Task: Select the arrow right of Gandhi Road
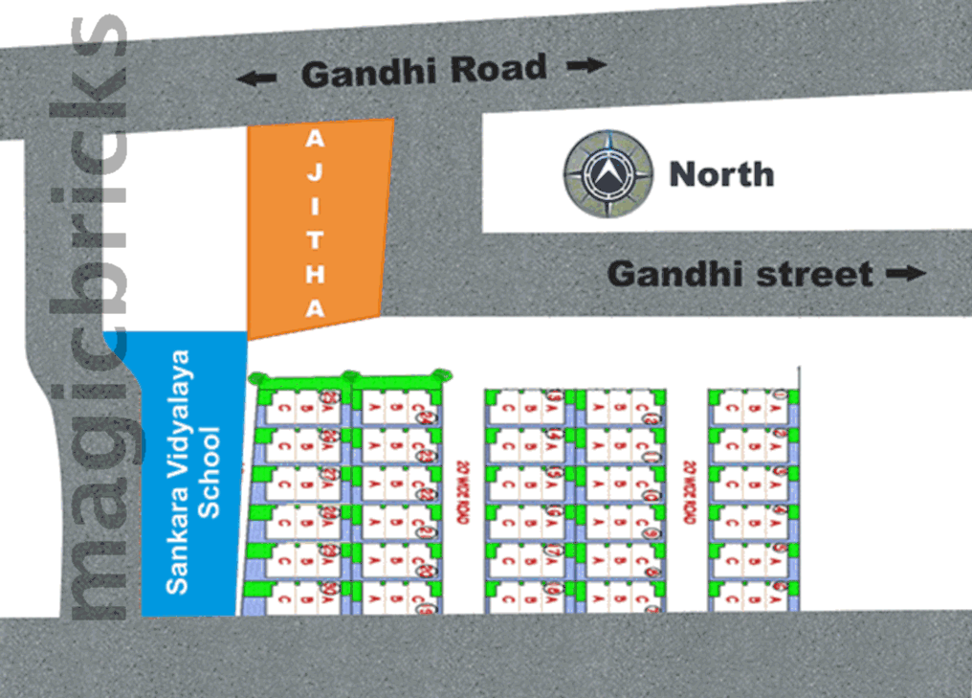click(x=585, y=65)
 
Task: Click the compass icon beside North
click(x=608, y=174)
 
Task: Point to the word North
click(x=721, y=174)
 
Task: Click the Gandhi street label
click(x=740, y=274)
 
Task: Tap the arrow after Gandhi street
click(x=906, y=274)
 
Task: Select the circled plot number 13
click(x=554, y=397)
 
